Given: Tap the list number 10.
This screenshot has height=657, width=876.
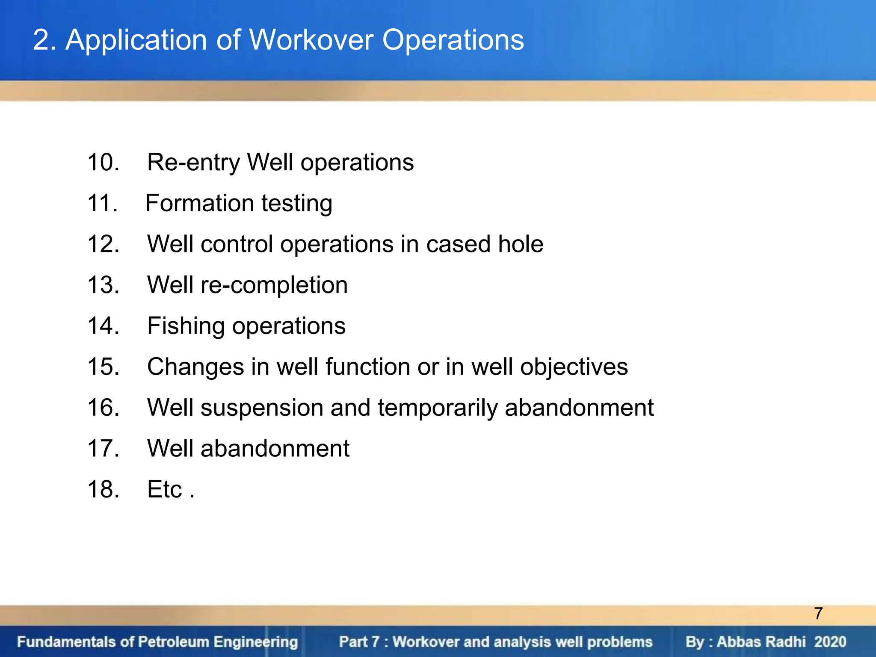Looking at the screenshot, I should (103, 163).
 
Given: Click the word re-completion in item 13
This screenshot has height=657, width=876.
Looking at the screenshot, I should (274, 285).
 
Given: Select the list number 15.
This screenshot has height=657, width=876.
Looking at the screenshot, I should (103, 367).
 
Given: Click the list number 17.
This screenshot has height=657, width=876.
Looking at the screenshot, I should (103, 449).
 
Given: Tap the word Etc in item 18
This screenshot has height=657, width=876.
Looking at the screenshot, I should (165, 489).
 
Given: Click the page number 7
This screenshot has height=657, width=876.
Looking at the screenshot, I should (818, 613).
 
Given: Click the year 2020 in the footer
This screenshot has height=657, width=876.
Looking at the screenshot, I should (830, 642).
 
